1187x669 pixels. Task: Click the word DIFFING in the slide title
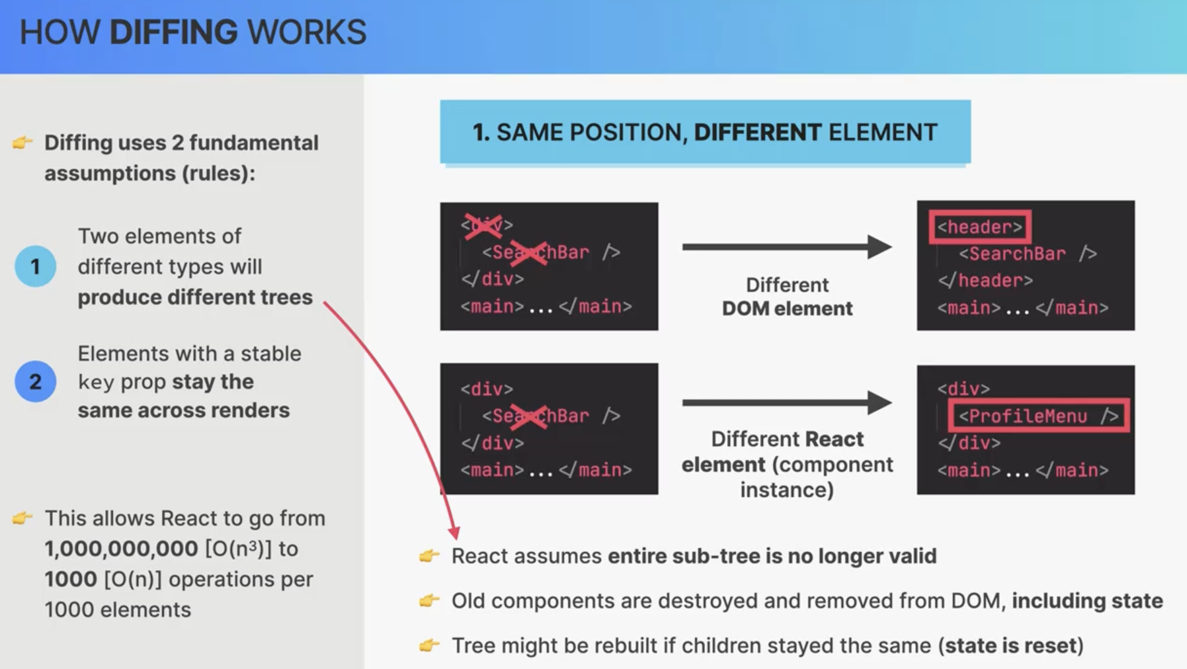point(174,32)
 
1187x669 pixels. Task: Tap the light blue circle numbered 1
point(35,266)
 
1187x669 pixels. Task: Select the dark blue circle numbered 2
point(35,381)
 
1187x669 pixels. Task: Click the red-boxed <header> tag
point(980,227)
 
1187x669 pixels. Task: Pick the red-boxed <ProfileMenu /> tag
point(1039,416)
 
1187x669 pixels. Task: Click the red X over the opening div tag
point(483,226)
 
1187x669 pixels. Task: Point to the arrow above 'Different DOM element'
point(787,247)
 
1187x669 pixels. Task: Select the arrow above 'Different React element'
point(787,403)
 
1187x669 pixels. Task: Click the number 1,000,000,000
point(121,549)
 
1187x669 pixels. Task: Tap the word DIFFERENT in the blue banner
point(757,132)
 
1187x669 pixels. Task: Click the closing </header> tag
point(985,280)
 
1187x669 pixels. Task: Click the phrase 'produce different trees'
point(195,297)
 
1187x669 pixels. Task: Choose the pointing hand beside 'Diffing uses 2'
point(22,143)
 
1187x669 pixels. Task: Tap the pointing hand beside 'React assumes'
point(429,556)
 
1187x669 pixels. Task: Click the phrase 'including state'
point(1087,601)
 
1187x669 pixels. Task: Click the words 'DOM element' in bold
point(787,309)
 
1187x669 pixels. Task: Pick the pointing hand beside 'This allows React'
point(22,518)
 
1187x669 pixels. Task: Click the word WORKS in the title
point(307,32)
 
